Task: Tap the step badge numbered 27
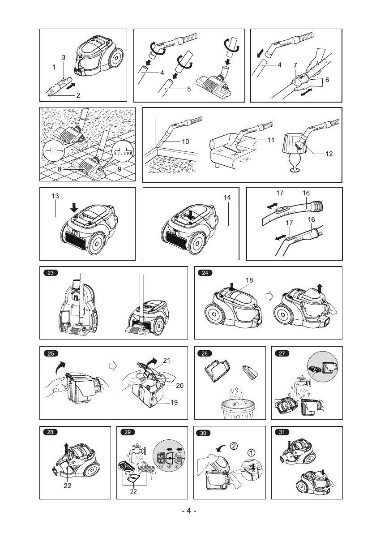point(283,353)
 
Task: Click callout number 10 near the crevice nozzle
point(185,141)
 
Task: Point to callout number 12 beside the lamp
point(329,154)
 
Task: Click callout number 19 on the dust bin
point(174,402)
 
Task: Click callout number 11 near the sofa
point(270,140)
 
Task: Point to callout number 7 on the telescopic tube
point(295,65)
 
